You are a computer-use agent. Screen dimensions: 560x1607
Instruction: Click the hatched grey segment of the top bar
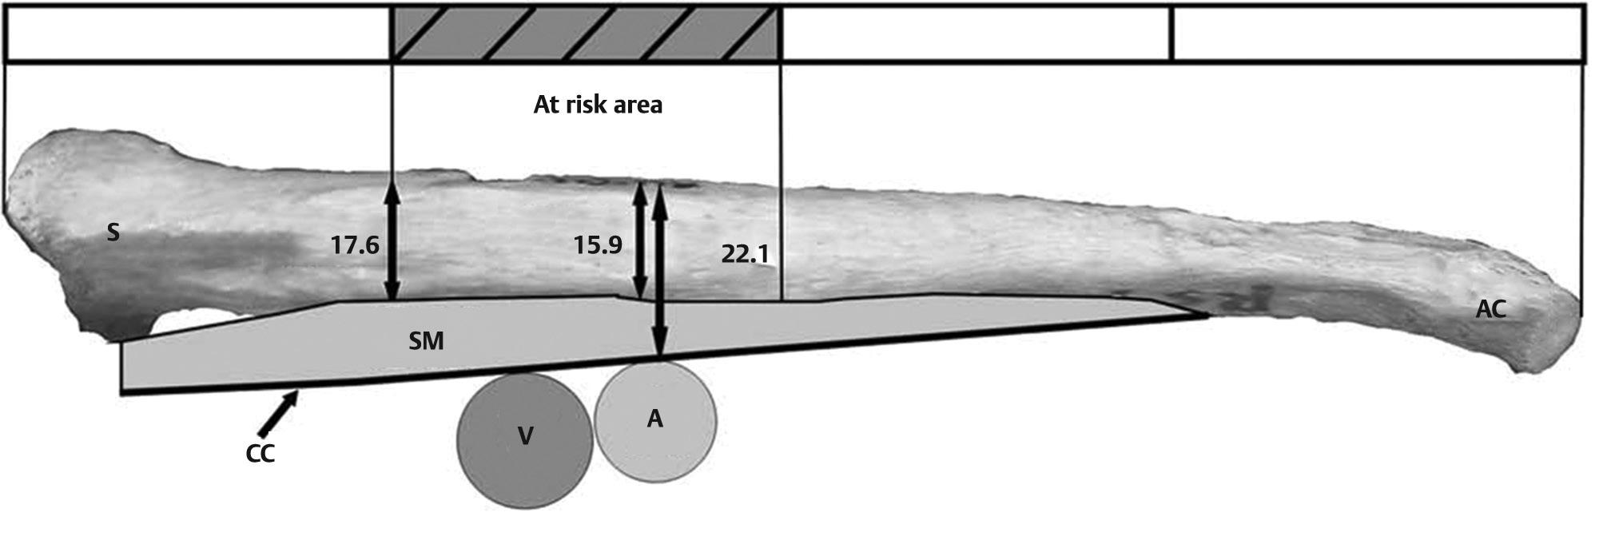click(x=585, y=33)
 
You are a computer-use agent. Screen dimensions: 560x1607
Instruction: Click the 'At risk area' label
click(x=598, y=105)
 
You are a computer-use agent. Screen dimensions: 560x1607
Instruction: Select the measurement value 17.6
click(x=355, y=244)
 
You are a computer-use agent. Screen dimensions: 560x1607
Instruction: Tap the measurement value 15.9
click(x=597, y=244)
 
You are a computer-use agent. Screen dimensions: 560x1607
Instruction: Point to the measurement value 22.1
click(x=744, y=254)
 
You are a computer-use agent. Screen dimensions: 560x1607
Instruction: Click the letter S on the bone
click(x=113, y=233)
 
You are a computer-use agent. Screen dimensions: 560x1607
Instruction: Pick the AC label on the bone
click(x=1490, y=310)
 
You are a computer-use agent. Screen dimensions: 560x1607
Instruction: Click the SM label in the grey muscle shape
click(x=426, y=342)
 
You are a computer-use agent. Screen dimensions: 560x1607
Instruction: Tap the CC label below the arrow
click(x=260, y=454)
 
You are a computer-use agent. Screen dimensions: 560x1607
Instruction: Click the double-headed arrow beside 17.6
click(x=392, y=241)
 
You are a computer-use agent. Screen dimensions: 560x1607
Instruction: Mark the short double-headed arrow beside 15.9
click(x=639, y=240)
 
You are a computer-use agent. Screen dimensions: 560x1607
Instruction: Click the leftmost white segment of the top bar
click(x=197, y=33)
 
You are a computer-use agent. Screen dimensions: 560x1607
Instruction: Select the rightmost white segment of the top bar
click(x=1378, y=33)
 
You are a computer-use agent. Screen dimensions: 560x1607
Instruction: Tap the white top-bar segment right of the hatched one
click(x=976, y=33)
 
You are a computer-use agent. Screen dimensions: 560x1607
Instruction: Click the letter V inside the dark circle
click(x=525, y=436)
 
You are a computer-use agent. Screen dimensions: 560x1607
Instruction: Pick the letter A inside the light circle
click(x=655, y=419)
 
